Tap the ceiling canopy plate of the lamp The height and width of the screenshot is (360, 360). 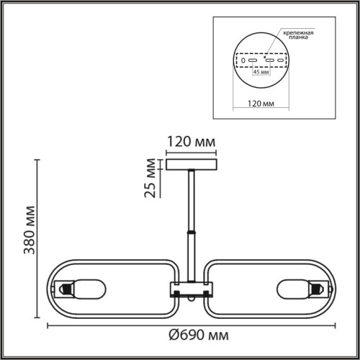pos(192,164)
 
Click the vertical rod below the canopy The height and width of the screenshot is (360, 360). pos(192,202)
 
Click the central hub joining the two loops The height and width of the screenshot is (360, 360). pos(192,289)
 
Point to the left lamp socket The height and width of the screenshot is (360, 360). pos(65,289)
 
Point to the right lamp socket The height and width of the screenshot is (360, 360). pos(318,289)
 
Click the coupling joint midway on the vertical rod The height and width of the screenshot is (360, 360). pos(192,233)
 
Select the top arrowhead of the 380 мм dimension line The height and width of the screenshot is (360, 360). pos(37,161)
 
